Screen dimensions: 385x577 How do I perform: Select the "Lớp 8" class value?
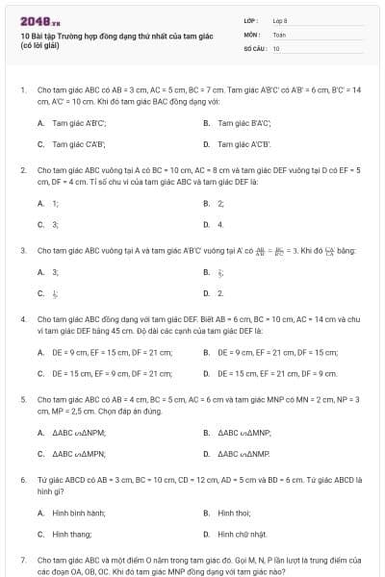coord(279,20)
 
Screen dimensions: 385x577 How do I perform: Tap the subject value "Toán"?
coord(278,34)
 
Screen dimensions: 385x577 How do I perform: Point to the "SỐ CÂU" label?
coord(254,47)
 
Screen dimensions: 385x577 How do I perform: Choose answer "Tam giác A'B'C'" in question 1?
coord(79,123)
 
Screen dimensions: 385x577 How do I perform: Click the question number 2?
coord(22,169)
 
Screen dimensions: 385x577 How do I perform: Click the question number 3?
coord(22,250)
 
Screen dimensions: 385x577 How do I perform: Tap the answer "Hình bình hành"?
coord(79,513)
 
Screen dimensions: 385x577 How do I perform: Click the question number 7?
coord(22,559)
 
